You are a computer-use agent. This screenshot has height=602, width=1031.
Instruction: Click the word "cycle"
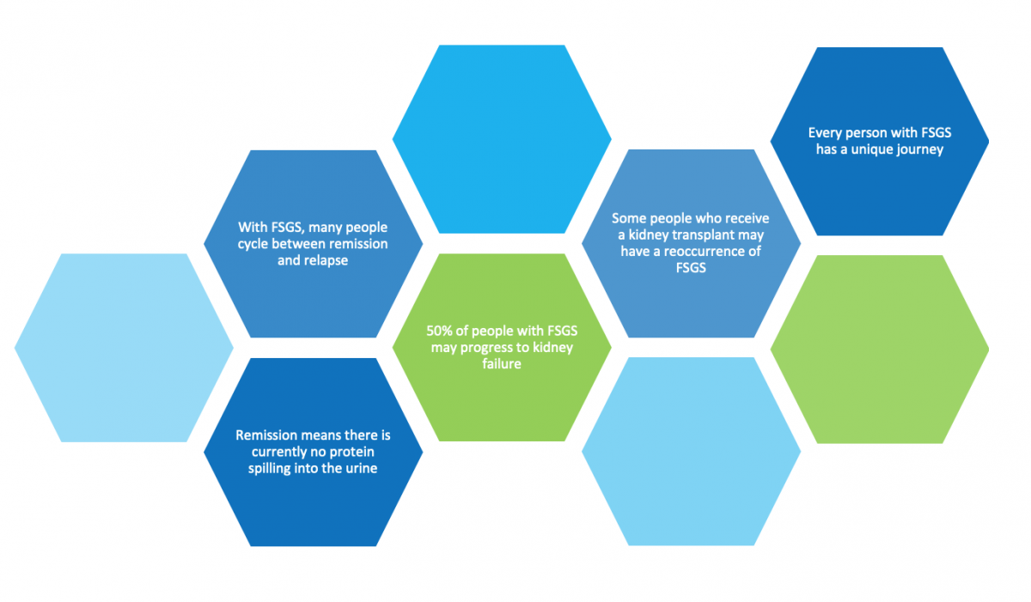coord(254,244)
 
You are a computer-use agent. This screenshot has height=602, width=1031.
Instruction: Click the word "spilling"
coord(268,468)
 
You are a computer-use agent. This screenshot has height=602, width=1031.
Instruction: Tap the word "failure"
coord(502,364)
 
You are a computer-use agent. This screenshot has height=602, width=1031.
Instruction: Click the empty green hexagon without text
coord(879,349)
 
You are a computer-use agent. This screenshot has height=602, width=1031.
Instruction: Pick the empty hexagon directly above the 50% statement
coord(502,139)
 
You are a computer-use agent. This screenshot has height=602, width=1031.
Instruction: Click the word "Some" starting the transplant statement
coord(627,218)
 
